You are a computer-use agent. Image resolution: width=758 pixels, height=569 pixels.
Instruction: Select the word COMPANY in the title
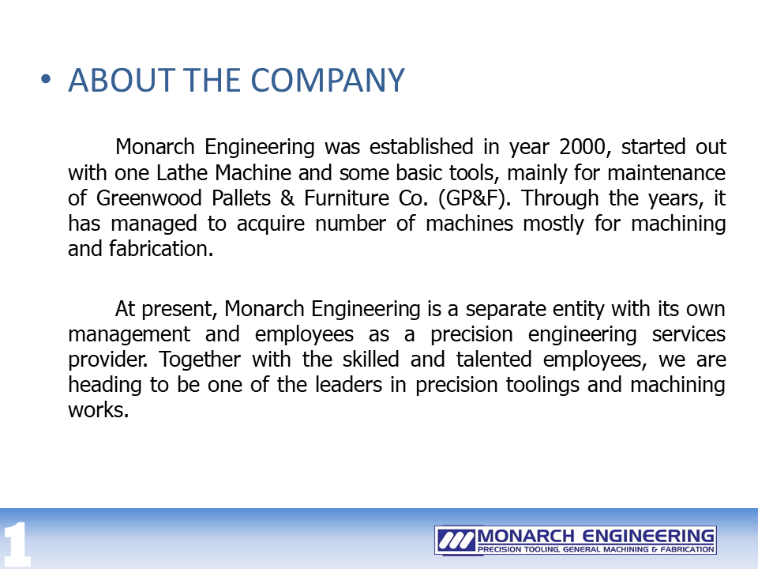tap(328, 80)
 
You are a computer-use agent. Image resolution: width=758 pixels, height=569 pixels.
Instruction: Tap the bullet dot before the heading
tap(46, 79)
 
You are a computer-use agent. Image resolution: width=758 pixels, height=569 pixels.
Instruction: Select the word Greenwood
tap(149, 198)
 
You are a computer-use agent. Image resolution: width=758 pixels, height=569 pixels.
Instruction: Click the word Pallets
tap(242, 198)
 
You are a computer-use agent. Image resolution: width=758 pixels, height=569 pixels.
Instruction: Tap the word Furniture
tap(346, 198)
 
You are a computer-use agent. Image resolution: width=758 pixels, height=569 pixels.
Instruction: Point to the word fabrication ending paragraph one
tap(161, 249)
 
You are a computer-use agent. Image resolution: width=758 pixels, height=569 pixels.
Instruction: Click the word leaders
tap(348, 385)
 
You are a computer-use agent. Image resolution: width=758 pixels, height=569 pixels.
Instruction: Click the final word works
tap(98, 410)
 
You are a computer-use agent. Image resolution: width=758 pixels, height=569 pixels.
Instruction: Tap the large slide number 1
tap(17, 545)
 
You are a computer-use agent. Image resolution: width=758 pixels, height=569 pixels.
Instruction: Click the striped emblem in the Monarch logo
tap(456, 540)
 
